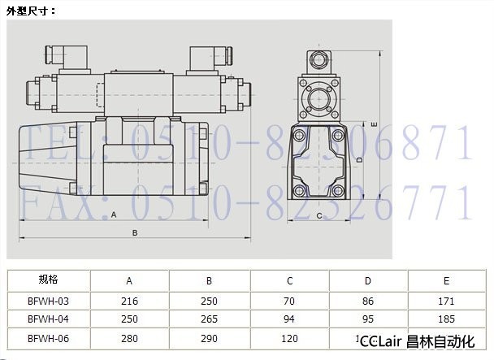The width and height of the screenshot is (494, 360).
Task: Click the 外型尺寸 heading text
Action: [x=31, y=11]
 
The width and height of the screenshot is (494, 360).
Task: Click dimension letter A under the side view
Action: [x=114, y=215]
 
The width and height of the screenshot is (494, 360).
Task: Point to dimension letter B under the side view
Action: [x=135, y=233]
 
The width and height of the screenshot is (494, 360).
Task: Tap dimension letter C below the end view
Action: [x=319, y=216]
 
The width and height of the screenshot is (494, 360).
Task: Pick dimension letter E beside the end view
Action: [x=375, y=124]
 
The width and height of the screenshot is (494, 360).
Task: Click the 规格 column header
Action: [x=48, y=280]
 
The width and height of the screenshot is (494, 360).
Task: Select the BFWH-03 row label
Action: [x=48, y=301]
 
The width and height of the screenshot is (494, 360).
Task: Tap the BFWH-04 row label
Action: [x=48, y=319]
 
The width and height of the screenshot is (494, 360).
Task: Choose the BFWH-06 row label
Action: [x=48, y=339]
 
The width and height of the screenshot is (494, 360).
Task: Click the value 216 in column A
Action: [x=129, y=301]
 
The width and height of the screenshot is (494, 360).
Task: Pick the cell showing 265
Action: [x=209, y=319]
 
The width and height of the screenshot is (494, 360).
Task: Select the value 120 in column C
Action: [x=289, y=339]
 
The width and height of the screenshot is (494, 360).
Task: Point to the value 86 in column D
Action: [x=368, y=301]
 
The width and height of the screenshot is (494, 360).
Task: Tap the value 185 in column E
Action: [x=446, y=319]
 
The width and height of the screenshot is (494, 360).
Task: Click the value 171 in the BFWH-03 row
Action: [x=446, y=301]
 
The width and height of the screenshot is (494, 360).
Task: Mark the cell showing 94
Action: [x=289, y=319]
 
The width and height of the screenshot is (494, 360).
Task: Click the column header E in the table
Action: [x=446, y=281]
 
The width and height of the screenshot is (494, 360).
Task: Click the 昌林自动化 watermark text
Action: [x=440, y=342]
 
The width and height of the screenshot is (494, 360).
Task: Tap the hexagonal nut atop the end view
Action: [x=318, y=60]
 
